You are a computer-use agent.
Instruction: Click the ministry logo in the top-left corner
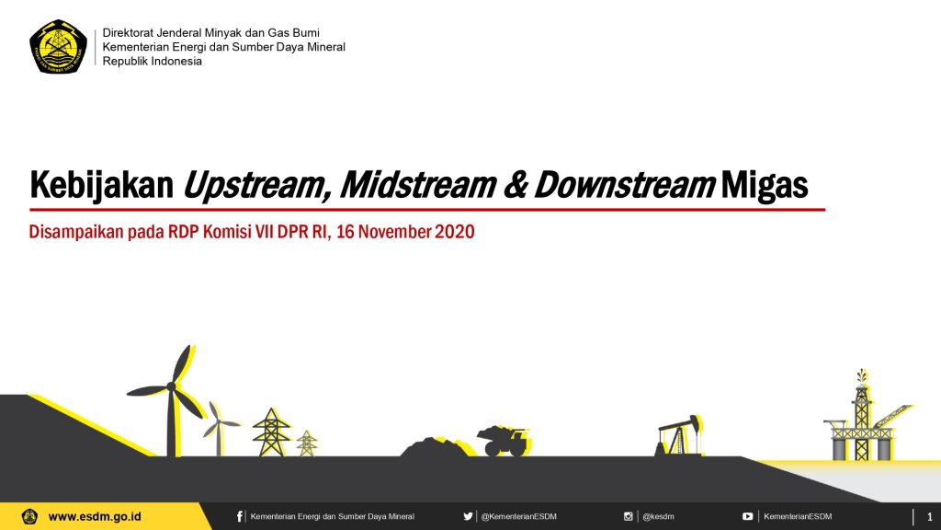tap(58, 46)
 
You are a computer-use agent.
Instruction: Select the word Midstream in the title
tap(418, 184)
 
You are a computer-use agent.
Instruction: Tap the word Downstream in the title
tap(624, 184)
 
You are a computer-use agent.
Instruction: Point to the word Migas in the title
tap(764, 185)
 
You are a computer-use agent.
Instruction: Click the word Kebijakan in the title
tap(101, 184)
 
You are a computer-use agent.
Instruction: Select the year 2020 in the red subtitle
tap(454, 231)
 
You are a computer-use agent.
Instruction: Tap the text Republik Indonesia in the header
tap(152, 62)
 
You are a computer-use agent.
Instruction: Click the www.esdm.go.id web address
tap(95, 517)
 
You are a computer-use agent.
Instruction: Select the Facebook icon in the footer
tap(240, 516)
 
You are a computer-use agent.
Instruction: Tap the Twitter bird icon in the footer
tap(468, 516)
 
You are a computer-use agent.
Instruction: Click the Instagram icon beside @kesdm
tap(628, 516)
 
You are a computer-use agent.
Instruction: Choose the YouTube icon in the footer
tap(747, 516)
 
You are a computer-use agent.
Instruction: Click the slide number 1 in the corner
tap(930, 517)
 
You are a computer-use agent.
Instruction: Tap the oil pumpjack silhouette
tap(679, 435)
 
